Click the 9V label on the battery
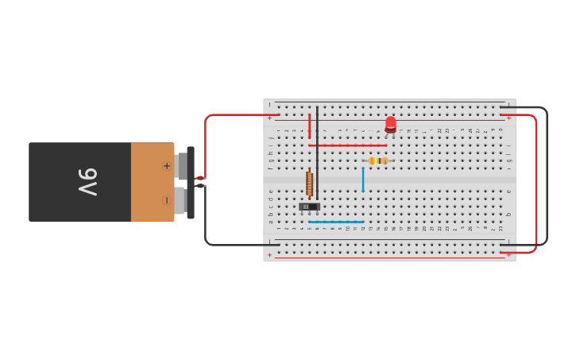87,182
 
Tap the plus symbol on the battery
166,166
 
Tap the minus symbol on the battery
166,199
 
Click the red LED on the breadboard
390,125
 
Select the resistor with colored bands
377,161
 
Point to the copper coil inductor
309,184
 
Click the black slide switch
309,207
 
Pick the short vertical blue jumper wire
363,180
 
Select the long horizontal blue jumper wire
336,222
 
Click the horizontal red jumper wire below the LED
347,145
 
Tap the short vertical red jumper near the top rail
309,126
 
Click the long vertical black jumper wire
317,151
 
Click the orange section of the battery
152,182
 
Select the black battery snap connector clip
191,182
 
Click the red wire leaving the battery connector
206,143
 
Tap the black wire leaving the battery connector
206,223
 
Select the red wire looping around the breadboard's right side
536,183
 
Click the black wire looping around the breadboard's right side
547,175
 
